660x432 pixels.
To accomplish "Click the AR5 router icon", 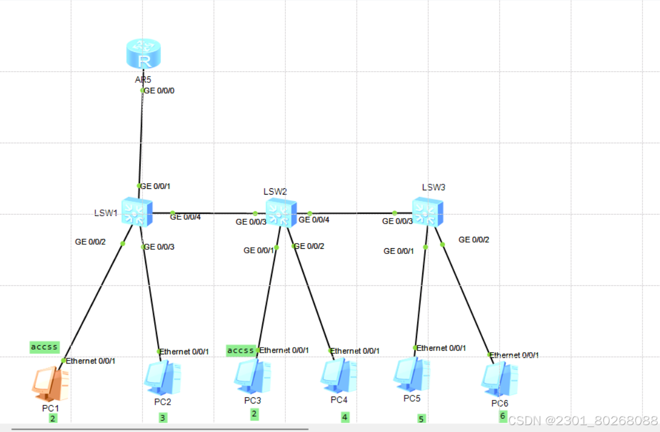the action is click(143, 55).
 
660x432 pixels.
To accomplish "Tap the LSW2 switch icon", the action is click(281, 213).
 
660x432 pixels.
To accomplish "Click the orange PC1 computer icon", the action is click(51, 383).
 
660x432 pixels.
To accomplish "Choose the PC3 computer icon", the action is click(252, 374).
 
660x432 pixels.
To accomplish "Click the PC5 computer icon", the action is click(411, 374).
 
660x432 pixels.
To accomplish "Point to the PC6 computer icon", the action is click(499, 378).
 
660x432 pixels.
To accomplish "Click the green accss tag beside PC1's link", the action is click(45, 347).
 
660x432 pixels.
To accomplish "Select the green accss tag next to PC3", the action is click(241, 350).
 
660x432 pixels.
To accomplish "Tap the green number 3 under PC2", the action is click(163, 418).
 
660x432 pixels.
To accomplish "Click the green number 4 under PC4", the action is click(345, 417).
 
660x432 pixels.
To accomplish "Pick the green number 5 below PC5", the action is click(421, 419).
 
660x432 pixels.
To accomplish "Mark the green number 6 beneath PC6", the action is click(503, 416).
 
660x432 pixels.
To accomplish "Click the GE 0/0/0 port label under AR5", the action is click(159, 90).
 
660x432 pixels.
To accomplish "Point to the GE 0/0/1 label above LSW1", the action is click(155, 186).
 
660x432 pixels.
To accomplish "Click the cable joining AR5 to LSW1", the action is click(141, 137).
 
